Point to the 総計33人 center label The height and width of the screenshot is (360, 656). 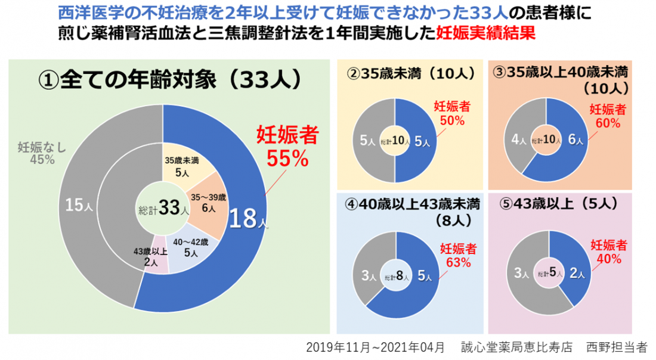coord(163,209)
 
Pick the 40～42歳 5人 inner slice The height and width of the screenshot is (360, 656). coord(191,247)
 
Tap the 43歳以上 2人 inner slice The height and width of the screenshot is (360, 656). coord(150,257)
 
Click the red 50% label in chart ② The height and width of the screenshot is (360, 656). coord(451,120)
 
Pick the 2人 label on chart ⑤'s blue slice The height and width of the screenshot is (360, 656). coord(577,274)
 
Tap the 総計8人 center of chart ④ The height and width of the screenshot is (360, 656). coord(400,276)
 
